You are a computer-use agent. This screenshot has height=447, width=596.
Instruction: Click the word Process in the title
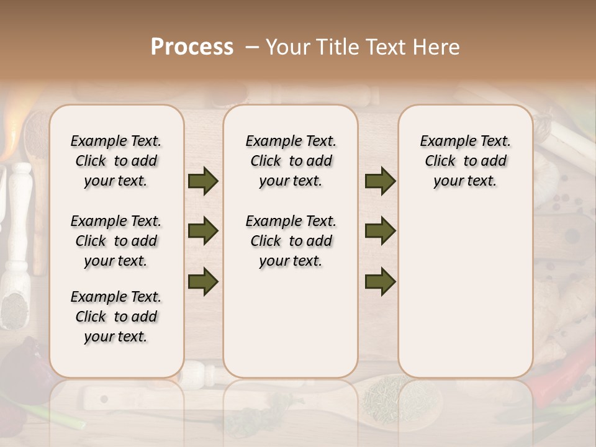192,47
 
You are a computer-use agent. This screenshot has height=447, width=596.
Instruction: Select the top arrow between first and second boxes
203,181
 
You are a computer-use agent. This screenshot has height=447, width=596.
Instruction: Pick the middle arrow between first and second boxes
203,231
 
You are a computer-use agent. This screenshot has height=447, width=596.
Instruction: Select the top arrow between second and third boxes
380,181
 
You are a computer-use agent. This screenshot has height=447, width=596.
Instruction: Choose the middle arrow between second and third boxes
380,231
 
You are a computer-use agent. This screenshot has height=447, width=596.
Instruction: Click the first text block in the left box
116,161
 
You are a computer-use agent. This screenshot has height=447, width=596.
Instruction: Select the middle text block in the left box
116,241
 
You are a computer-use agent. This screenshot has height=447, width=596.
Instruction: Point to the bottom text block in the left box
116,317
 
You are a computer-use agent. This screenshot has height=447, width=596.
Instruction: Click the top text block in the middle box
291,161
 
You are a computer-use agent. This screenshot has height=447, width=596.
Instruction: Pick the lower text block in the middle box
291,241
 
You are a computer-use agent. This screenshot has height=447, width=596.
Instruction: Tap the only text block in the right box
465,161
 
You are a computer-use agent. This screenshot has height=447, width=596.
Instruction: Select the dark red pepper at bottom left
25,372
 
